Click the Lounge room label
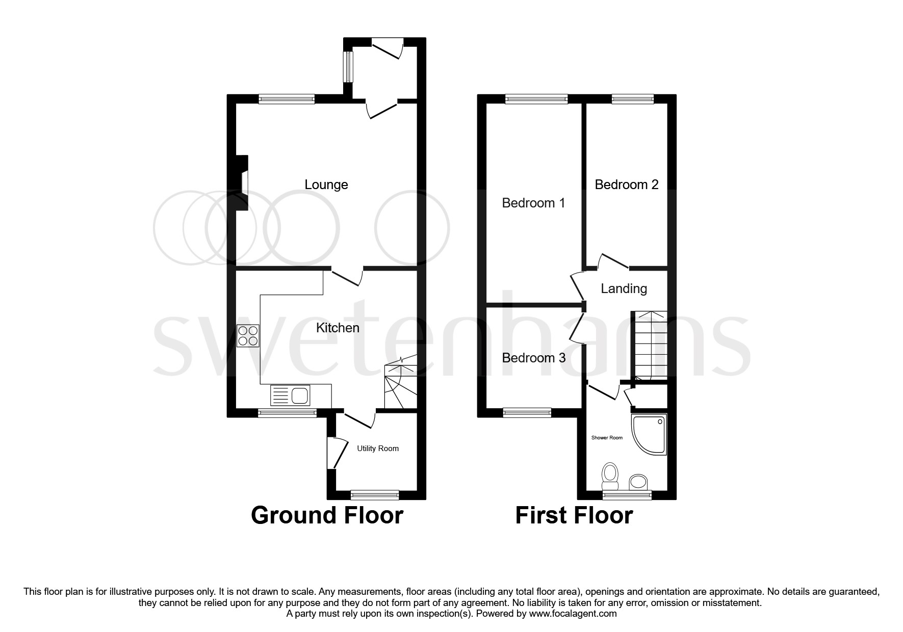coord(326,185)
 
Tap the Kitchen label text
coord(338,328)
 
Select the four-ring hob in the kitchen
coord(248,336)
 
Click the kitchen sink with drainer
coord(290,395)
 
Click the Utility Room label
coord(377,449)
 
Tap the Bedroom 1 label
coord(533,203)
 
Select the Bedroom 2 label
coord(626,185)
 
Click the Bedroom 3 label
coord(533,358)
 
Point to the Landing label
coord(624,288)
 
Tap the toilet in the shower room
coord(609,474)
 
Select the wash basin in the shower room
coord(638,482)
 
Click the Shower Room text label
coord(607,438)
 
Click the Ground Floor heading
coord(327,515)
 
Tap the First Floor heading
coord(574,515)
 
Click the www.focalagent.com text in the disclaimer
coord(573,614)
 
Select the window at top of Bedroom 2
coord(632,100)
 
